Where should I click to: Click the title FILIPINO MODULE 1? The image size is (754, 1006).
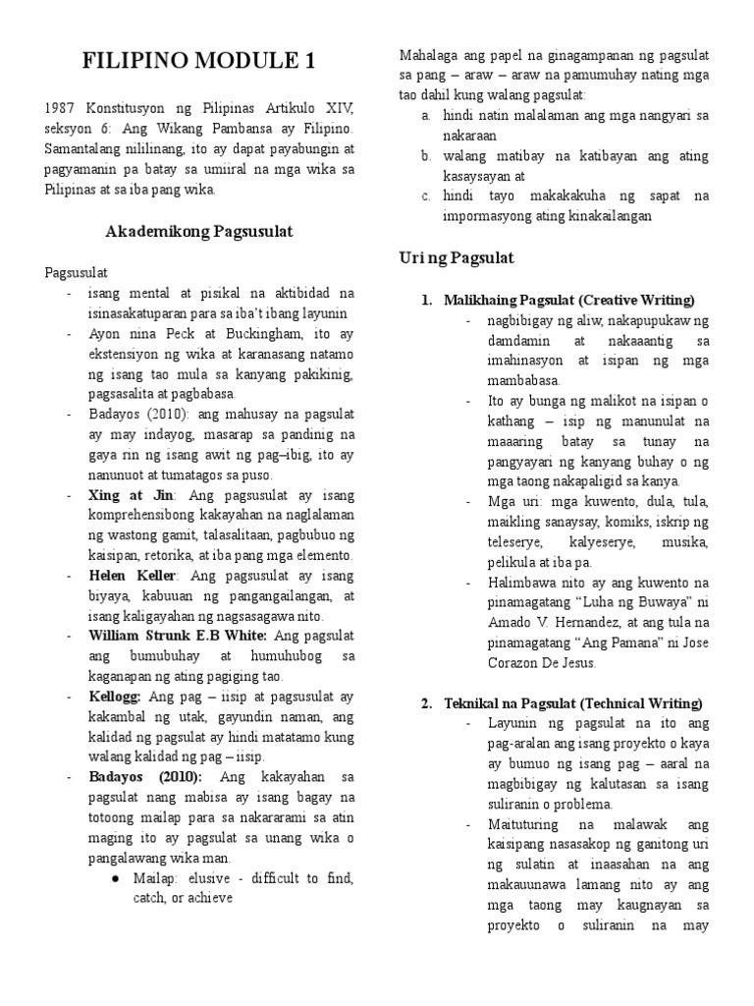[199, 62]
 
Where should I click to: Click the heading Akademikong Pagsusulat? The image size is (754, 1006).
[199, 231]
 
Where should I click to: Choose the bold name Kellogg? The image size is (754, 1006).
[115, 697]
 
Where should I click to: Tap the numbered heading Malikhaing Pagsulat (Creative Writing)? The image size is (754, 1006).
[568, 300]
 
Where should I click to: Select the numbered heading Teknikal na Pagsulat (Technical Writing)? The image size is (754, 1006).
[572, 702]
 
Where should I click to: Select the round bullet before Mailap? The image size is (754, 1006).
[115, 877]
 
